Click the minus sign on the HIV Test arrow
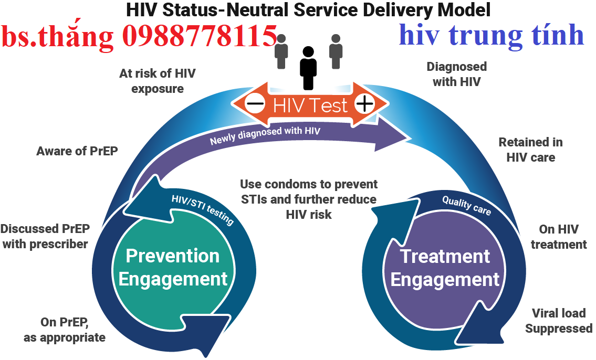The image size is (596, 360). coord(255,104)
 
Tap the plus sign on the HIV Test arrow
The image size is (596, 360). coord(364,104)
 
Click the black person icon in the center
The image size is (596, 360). coord(308,68)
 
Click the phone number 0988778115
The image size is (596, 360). coord(200,36)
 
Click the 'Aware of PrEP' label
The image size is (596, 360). coord(77,151)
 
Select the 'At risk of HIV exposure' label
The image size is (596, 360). coord(157,81)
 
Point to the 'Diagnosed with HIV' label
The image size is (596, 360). coord(456,74)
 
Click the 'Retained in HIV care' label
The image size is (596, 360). coord(530,150)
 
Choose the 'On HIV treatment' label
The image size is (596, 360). coord(559,237)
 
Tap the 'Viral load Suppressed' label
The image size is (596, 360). coord(559,321)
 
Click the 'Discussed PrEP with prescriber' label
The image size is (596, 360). coord(45,236)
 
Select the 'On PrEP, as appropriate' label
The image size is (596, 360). coord(65,330)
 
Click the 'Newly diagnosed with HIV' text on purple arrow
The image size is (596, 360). coord(265,136)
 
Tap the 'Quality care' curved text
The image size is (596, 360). coord(466,205)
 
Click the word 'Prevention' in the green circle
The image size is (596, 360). coord(173,256)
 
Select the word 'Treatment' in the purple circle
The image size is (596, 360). coord(445,257)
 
